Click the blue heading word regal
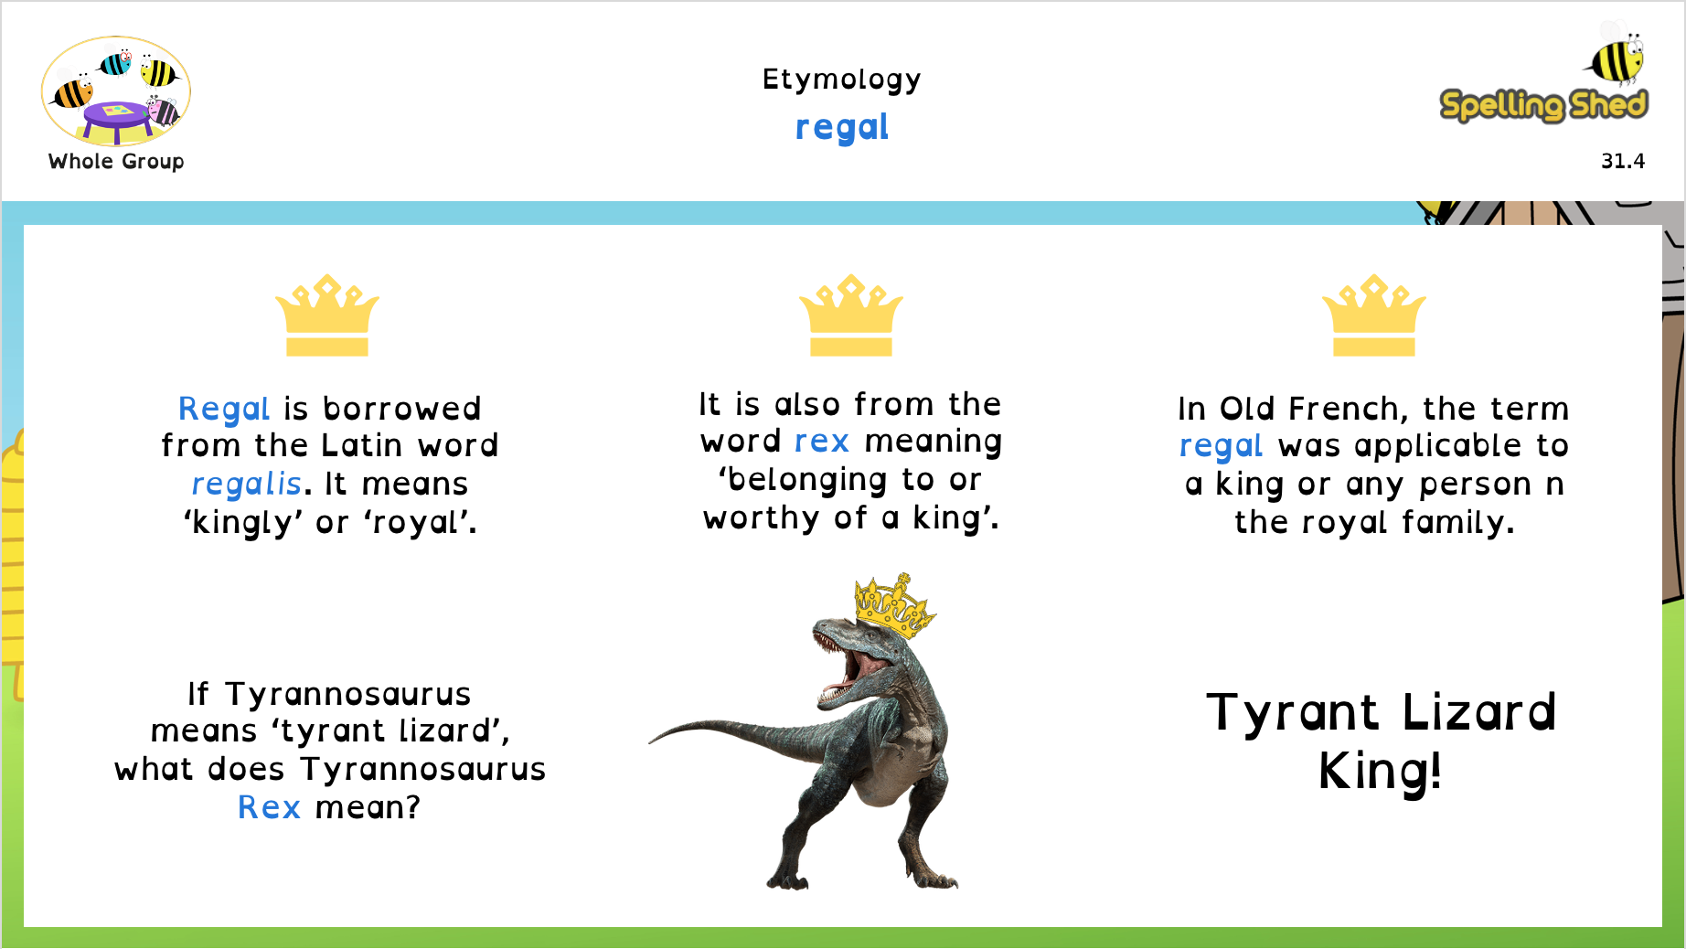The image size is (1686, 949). [842, 128]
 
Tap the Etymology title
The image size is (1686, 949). [842, 80]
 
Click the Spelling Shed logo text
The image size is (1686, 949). [1543, 105]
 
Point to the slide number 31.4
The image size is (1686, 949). [1623, 161]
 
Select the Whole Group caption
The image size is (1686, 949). [116, 162]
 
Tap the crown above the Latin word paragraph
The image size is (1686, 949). [327, 315]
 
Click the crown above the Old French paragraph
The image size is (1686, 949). [1374, 315]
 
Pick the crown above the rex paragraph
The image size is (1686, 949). [851, 315]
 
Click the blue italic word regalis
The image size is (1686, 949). [246, 484]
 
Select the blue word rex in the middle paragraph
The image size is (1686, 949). [822, 442]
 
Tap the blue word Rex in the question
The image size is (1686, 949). [269, 807]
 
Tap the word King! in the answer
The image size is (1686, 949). [1380, 772]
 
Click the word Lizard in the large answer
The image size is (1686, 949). [1478, 712]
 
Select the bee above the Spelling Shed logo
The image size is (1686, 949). [1616, 54]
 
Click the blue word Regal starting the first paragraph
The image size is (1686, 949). [224, 409]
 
